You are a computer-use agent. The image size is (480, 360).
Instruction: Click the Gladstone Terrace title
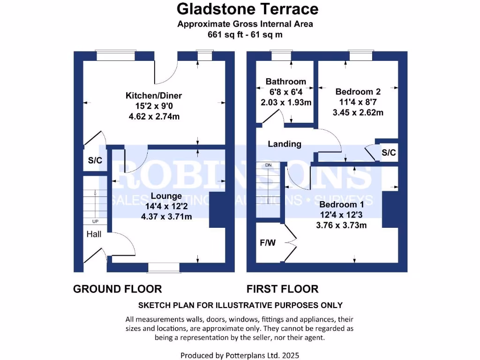click(x=247, y=9)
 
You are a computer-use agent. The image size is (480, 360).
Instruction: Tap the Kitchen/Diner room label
click(x=153, y=96)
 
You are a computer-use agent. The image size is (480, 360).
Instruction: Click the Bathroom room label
click(x=285, y=82)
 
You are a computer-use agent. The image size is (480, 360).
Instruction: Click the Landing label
click(x=285, y=144)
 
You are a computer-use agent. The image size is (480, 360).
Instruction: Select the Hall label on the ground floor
click(x=93, y=234)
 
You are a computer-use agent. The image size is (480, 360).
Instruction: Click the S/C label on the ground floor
click(x=95, y=160)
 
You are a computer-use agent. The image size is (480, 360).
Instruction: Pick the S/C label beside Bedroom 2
click(x=389, y=152)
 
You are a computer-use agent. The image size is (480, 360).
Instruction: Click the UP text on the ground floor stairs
click(x=95, y=221)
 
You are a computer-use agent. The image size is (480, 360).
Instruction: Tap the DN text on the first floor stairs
click(x=269, y=165)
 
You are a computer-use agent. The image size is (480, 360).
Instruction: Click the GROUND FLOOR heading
click(x=117, y=289)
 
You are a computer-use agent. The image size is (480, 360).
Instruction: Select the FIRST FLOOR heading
click(x=283, y=289)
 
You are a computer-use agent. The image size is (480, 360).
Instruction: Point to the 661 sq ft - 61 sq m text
click(x=245, y=34)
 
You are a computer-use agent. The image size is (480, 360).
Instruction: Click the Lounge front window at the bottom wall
click(x=164, y=268)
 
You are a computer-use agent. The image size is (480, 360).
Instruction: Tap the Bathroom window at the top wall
click(x=281, y=56)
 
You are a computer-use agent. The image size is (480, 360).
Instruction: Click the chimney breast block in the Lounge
click(x=216, y=210)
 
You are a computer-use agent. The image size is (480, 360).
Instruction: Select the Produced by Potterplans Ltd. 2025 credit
click(x=240, y=355)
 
